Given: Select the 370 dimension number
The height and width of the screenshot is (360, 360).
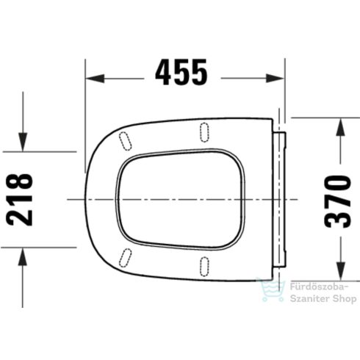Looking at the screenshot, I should click(x=340, y=201).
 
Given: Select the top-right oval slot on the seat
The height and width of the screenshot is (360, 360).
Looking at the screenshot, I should click(x=204, y=131).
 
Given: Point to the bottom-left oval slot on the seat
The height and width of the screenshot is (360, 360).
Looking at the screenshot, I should click(x=125, y=258).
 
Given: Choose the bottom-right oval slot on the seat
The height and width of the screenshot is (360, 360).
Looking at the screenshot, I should click(x=204, y=267).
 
